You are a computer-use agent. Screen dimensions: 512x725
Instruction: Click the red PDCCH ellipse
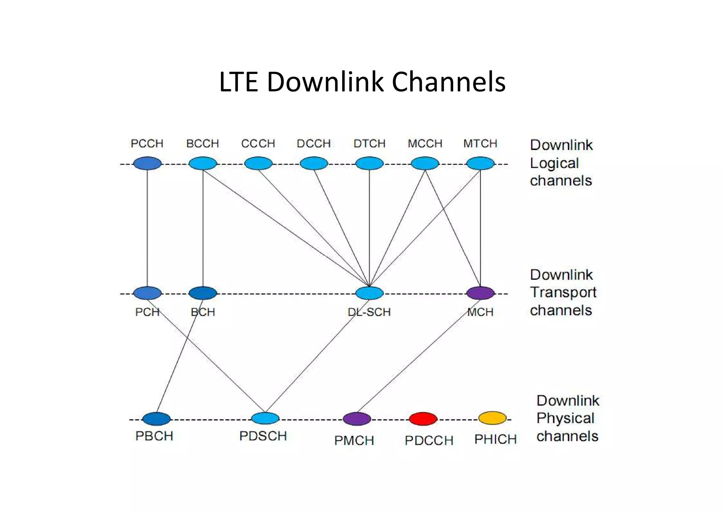[423, 419]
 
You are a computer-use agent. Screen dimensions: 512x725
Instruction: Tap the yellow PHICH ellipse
[492, 418]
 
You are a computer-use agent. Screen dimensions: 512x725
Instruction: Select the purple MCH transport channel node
[480, 293]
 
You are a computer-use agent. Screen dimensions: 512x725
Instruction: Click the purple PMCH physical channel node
[357, 419]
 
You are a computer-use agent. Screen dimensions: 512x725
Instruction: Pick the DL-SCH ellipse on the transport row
[369, 293]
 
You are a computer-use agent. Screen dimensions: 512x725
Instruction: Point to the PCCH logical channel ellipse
[147, 163]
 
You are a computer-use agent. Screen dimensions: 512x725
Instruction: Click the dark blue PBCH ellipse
[156, 419]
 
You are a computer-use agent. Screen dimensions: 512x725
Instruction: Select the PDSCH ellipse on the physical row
[265, 418]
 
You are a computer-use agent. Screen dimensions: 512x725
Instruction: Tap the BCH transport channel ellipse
[202, 293]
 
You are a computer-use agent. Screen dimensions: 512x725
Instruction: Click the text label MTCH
[480, 143]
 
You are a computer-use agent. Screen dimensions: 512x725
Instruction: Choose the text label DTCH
[369, 143]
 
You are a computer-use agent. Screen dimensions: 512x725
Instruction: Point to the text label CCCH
[258, 143]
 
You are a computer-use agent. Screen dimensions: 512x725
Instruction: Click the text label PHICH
[495, 439]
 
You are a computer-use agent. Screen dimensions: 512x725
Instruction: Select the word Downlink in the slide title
[325, 82]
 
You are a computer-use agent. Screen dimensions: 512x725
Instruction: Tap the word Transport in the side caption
[563, 293]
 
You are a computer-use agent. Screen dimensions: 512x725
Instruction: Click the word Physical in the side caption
[565, 418]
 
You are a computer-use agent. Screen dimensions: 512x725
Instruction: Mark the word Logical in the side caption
[554, 163]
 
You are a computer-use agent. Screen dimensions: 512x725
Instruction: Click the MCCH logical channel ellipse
[425, 163]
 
